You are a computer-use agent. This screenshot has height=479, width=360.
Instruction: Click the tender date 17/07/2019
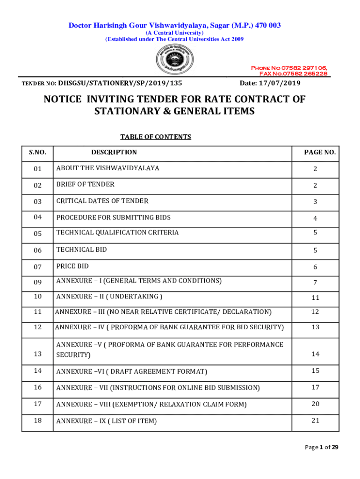coord(270,83)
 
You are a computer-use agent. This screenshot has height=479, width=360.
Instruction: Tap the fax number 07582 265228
coord(293,73)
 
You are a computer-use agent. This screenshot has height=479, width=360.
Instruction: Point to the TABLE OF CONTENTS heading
coord(156,137)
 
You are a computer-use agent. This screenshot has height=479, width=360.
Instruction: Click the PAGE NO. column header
coord(320,152)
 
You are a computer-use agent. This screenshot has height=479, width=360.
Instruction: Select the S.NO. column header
coord(37,152)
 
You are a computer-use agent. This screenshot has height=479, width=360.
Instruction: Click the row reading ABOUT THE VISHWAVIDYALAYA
coord(108,168)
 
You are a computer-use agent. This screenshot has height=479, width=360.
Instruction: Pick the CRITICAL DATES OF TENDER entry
coord(102,201)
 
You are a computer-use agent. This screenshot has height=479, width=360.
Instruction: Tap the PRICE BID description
coord(72,266)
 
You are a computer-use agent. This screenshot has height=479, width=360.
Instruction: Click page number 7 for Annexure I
coord(315,282)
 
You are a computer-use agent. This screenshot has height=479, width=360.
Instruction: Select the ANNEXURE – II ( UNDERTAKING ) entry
coord(109,297)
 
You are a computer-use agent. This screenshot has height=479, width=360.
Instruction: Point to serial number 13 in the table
coord(37,354)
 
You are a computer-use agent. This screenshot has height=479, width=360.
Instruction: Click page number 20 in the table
coord(316,404)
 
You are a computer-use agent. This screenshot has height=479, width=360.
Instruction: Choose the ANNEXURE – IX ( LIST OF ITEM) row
coord(107,421)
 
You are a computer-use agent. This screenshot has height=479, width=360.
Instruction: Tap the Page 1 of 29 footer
coord(322,447)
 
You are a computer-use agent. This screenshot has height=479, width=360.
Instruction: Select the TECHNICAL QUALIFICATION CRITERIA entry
coord(117,232)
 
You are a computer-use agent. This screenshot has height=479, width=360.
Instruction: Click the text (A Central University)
coord(174,33)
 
